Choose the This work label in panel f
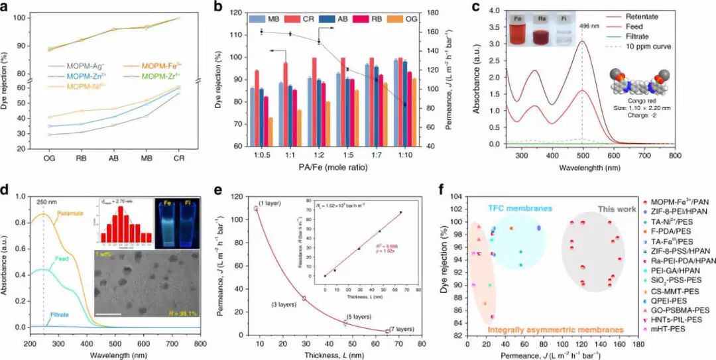[x=613, y=208]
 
